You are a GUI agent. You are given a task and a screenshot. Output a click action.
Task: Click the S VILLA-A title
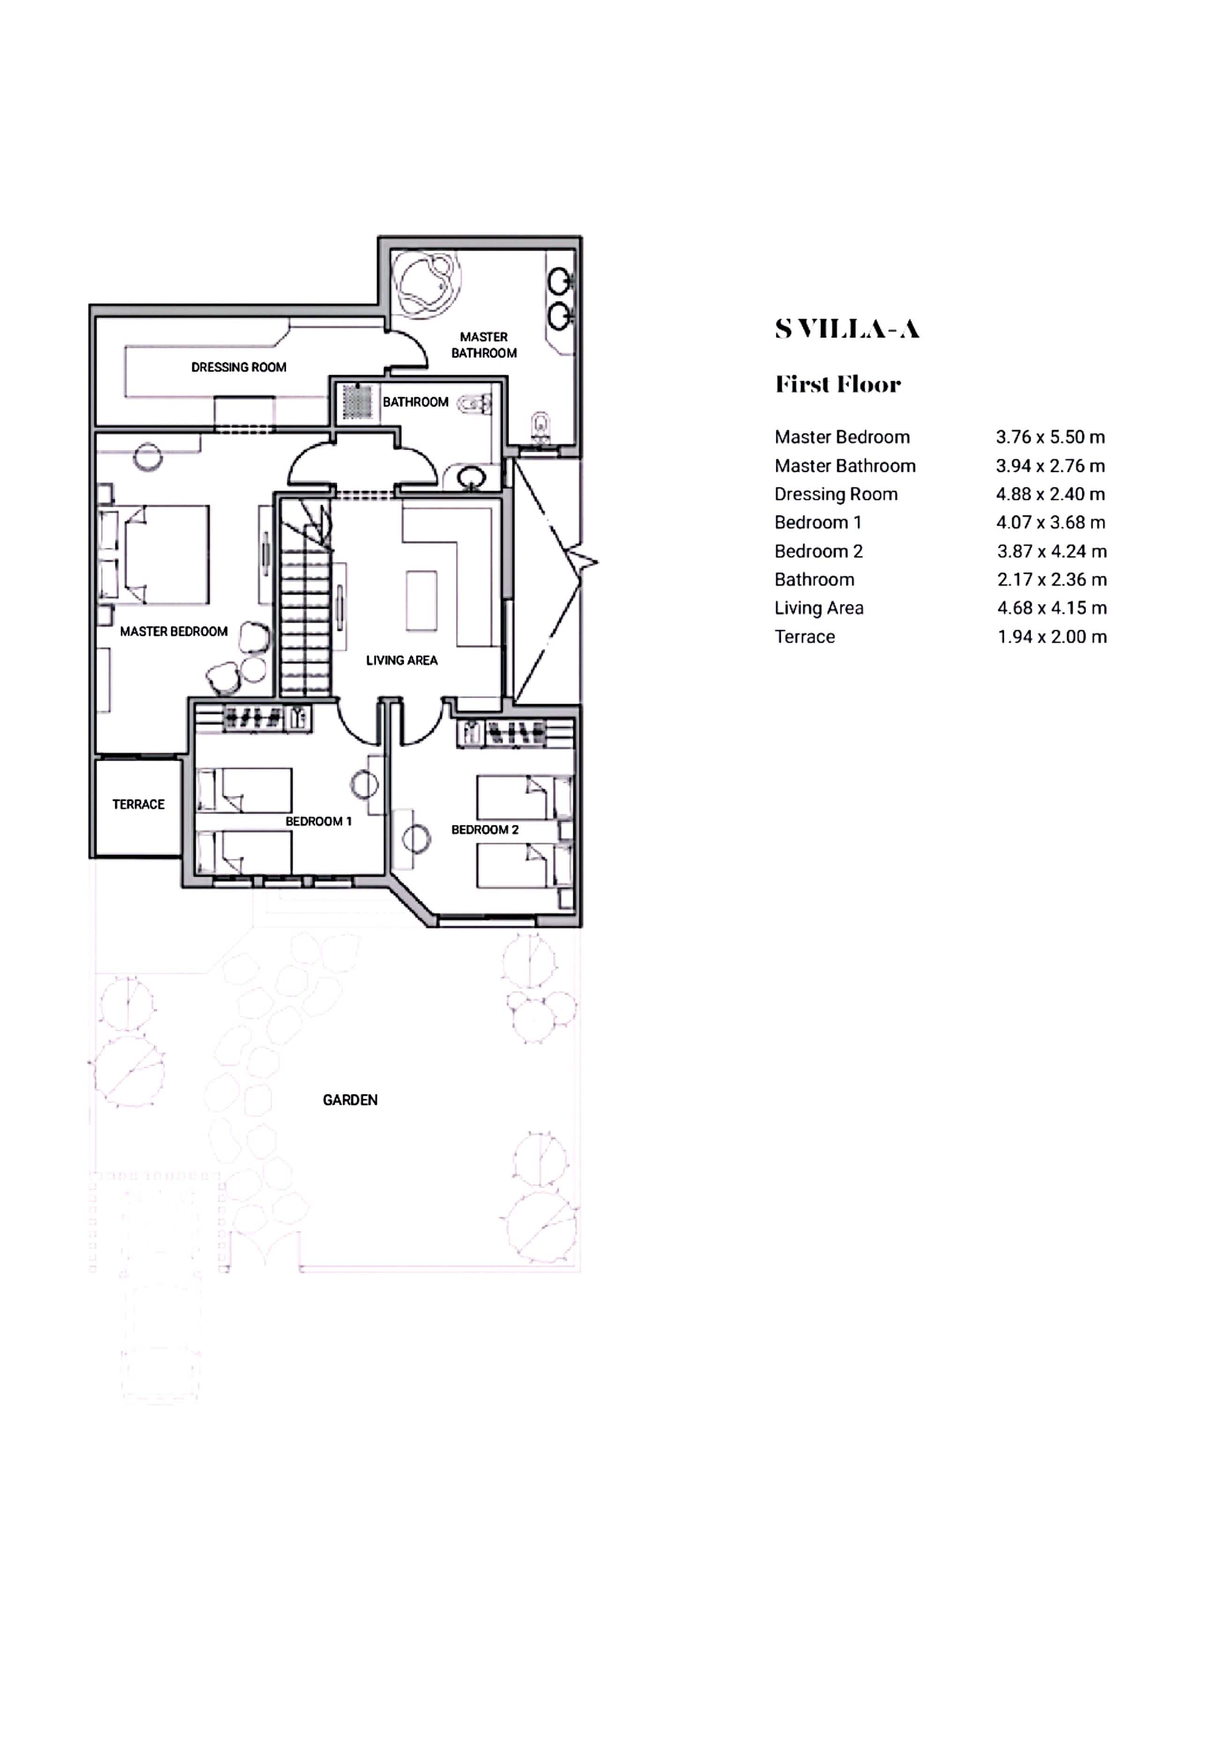pyautogui.click(x=847, y=329)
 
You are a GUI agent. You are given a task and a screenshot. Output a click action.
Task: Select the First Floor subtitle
pyautogui.click(x=838, y=384)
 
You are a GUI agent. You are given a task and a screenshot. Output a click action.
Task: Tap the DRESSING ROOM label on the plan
pyautogui.click(x=239, y=367)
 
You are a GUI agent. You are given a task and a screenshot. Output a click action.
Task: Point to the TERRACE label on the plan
pyautogui.click(x=139, y=805)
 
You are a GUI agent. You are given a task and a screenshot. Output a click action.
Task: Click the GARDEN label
pyautogui.click(x=350, y=1100)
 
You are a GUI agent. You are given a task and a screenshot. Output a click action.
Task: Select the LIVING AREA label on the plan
pyautogui.click(x=401, y=660)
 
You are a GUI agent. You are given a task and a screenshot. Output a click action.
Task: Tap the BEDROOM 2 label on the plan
pyautogui.click(x=485, y=830)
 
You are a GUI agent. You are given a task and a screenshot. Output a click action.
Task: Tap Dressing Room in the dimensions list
pyautogui.click(x=836, y=494)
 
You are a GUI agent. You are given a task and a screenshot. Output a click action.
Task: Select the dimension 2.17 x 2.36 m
pyautogui.click(x=1052, y=580)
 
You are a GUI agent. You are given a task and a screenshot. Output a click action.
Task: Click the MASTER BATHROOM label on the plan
pyautogui.click(x=484, y=345)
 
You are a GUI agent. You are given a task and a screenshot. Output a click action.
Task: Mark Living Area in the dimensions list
pyautogui.click(x=818, y=608)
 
